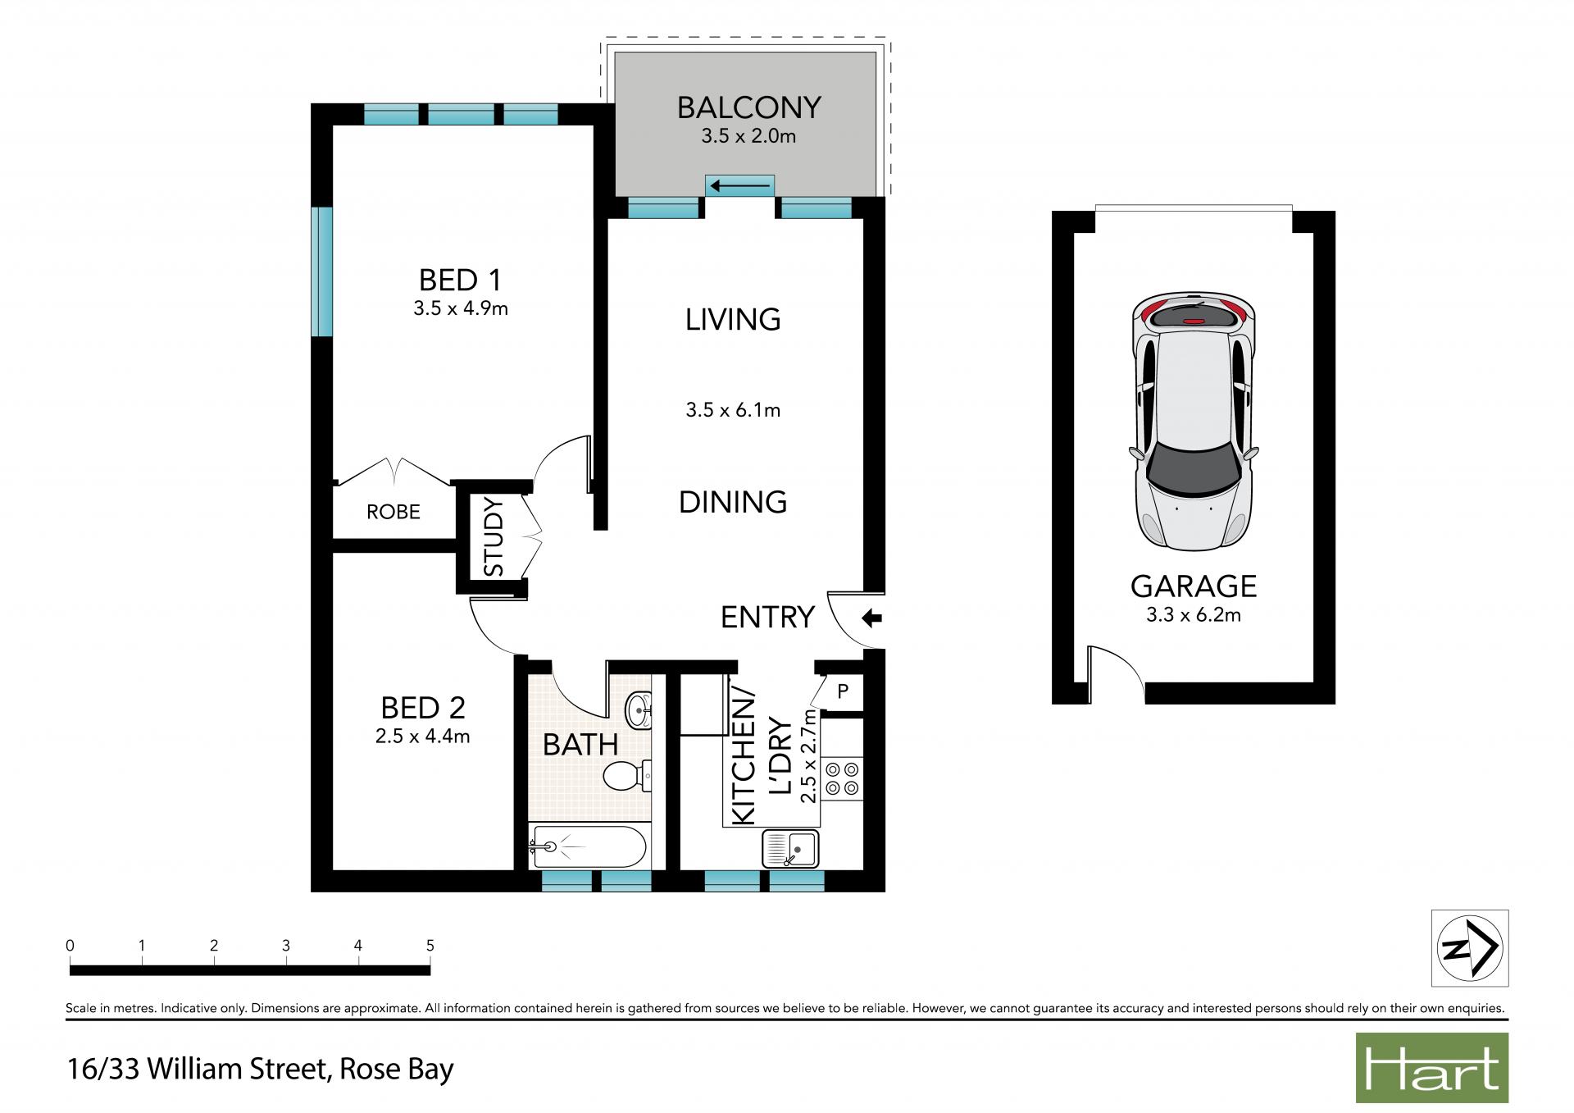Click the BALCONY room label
point(748,107)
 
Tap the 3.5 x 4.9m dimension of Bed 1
point(461,308)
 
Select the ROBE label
point(393,512)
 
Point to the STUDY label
point(494,536)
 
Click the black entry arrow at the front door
point(871,618)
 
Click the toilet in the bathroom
point(627,775)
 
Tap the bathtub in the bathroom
point(589,846)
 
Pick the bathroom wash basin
point(639,710)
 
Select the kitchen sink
point(790,849)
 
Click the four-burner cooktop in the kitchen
point(842,779)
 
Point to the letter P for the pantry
point(843,691)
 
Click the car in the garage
point(1194,421)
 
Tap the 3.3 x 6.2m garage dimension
point(1194,615)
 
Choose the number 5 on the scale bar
point(430,946)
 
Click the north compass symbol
point(1470,948)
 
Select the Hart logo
point(1432,1068)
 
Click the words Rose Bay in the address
point(396,1070)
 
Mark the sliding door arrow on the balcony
point(740,187)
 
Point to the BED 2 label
point(423,708)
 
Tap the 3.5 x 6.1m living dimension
point(733,410)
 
